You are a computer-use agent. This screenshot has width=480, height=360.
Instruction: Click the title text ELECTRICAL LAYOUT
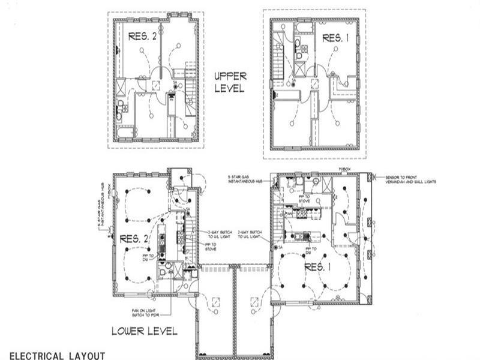tap(57, 355)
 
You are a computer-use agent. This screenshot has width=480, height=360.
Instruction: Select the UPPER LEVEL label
tap(230, 82)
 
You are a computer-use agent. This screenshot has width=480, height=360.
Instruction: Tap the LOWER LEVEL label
tap(144, 331)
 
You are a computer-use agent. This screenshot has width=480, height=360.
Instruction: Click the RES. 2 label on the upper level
tap(143, 37)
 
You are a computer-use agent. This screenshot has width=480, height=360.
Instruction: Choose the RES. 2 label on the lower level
tap(134, 238)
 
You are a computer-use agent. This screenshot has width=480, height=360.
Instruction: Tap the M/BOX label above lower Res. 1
tap(344, 170)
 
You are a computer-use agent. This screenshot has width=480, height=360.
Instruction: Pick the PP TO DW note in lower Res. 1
tap(312, 251)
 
